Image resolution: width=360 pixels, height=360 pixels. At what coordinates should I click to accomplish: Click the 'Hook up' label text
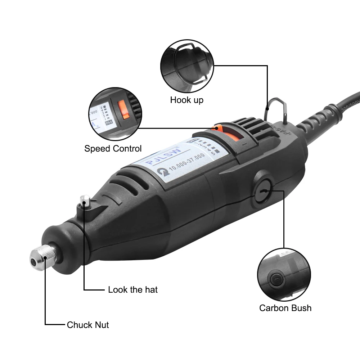point(186,100)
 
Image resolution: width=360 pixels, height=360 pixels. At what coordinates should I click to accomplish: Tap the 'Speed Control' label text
point(113,148)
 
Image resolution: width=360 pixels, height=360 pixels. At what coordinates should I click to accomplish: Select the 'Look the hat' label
point(133,289)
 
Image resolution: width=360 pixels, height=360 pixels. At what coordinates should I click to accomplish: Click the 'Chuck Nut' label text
point(88,325)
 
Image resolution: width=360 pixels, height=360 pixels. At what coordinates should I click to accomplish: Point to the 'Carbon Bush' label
point(285,308)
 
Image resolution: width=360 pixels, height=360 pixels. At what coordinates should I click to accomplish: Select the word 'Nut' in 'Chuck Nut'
point(101,325)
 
